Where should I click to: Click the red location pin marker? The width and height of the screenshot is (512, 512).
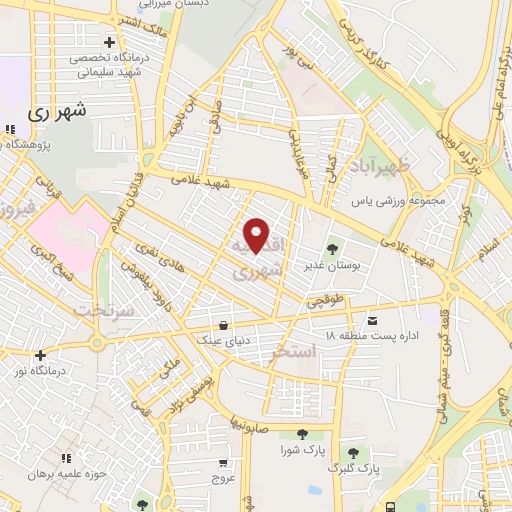(x=257, y=236)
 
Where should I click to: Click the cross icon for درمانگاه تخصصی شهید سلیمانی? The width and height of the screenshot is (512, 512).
(x=109, y=42)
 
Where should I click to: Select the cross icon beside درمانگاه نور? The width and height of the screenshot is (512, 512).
(x=40, y=354)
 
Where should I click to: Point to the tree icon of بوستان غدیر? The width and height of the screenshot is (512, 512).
(x=333, y=248)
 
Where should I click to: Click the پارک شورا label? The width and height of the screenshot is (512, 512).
(x=303, y=451)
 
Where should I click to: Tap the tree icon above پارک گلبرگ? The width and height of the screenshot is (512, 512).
(x=351, y=452)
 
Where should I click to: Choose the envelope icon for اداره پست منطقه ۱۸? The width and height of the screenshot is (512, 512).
(x=373, y=320)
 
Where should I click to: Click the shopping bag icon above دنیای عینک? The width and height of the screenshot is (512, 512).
(x=222, y=324)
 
